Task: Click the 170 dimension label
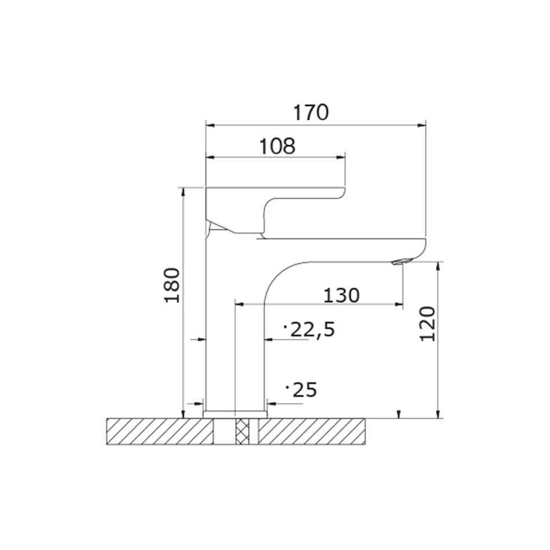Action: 311,112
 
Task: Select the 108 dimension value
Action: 277,146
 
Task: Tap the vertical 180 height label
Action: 172,285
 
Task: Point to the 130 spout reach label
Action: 342,295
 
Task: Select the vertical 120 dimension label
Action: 427,324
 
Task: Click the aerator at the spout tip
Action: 401,262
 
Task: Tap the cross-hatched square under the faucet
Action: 242,431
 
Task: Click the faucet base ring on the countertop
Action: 235,414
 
